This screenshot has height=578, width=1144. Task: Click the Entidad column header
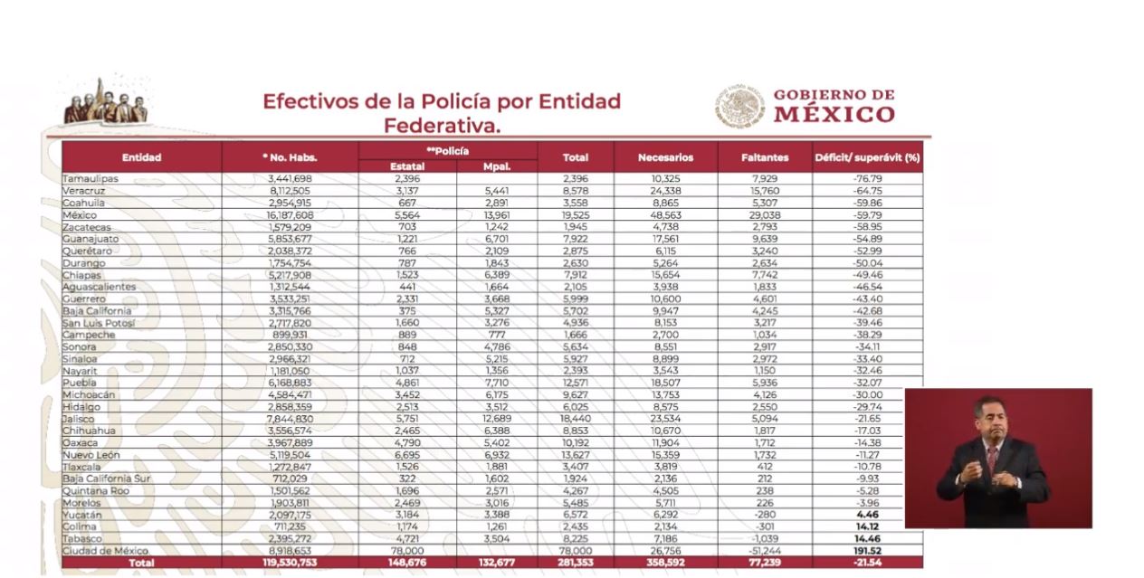pos(141,157)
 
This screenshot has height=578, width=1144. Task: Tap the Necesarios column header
pos(665,157)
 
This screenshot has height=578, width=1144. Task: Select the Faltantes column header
pos(764,157)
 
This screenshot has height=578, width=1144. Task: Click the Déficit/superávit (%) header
pos(867,157)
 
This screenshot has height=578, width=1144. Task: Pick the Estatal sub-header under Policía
pos(406,166)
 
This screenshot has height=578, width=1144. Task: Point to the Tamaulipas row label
pos(91,179)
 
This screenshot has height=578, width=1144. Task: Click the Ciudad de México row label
pos(105,550)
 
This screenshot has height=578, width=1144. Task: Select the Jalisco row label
pos(79,419)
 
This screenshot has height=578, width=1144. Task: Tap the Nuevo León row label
pos(91,455)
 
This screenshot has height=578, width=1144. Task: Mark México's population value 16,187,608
pos(290,215)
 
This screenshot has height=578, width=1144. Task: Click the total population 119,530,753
pos(289,563)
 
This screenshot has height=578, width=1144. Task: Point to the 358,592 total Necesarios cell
pos(665,563)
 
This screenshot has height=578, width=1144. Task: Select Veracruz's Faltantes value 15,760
pos(764,192)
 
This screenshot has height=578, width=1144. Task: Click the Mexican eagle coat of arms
pos(739,106)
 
